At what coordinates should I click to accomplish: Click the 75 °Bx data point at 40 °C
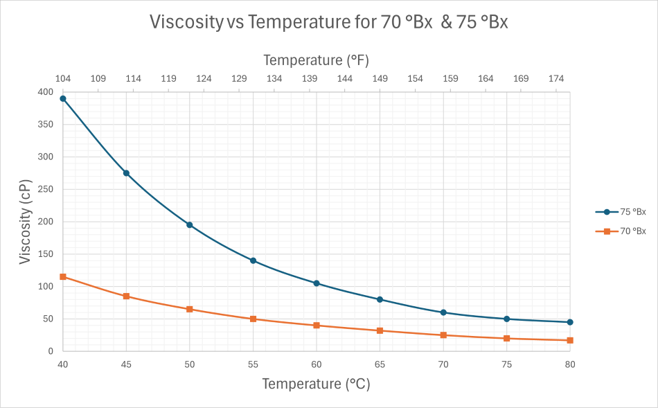click(x=63, y=98)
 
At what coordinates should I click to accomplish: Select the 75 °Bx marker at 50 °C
click(x=190, y=225)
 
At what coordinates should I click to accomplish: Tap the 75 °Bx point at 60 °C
click(x=317, y=283)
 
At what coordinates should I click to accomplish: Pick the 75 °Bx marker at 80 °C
click(x=570, y=322)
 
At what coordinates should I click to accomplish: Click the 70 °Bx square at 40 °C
click(x=63, y=277)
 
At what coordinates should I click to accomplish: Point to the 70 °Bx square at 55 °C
click(x=254, y=319)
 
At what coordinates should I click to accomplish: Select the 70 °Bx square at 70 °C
click(x=443, y=335)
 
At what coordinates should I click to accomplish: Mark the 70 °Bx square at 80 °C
click(x=570, y=340)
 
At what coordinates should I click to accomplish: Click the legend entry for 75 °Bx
click(x=621, y=212)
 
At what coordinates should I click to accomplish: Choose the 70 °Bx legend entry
click(x=621, y=231)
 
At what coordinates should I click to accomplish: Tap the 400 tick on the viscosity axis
click(x=45, y=92)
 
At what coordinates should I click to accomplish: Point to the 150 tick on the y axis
click(x=45, y=254)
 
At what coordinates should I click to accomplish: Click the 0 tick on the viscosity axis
click(x=50, y=351)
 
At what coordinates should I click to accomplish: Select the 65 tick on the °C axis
click(x=380, y=365)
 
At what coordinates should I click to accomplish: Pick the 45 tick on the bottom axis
click(x=126, y=365)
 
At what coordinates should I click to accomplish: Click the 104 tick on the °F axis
click(x=63, y=79)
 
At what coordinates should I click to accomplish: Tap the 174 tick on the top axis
click(x=556, y=79)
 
